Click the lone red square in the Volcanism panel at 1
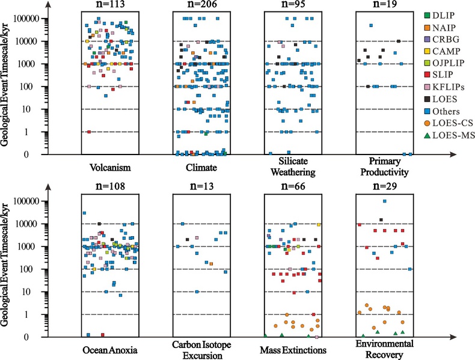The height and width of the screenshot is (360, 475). (x=89, y=132)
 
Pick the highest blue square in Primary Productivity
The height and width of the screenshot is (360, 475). (x=371, y=26)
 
